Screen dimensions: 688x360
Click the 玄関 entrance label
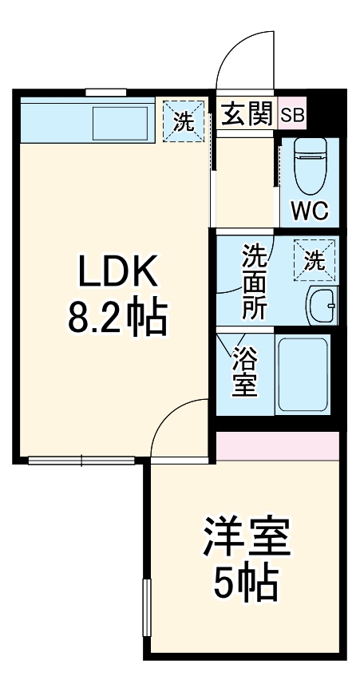[247, 115]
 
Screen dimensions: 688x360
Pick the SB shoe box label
[292, 115]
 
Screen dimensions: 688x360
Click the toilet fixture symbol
[308, 167]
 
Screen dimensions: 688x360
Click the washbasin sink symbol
[322, 304]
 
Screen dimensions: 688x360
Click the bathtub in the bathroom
[303, 374]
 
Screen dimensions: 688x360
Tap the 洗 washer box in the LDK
[183, 121]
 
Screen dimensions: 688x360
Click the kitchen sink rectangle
[120, 121]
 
